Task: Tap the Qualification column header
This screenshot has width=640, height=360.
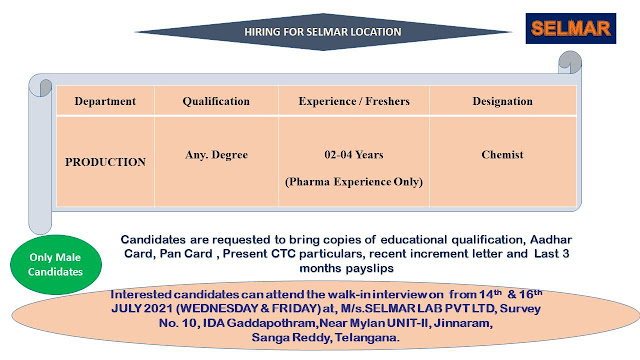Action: tap(215, 102)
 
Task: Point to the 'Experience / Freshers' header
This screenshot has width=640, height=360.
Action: tap(346, 102)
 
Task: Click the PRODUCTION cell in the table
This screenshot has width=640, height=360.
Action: tap(105, 160)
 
